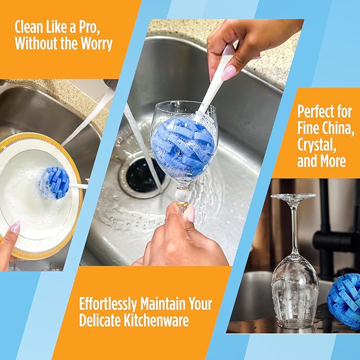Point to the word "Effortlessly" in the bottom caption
[x=109, y=304]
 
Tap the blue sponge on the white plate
[x=55, y=182]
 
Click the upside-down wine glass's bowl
[x=294, y=287]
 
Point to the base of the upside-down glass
[x=293, y=198]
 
